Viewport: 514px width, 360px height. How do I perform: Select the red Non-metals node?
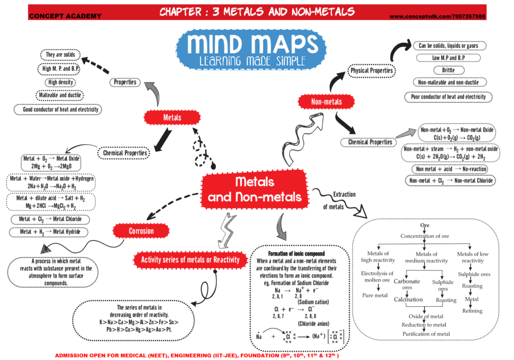pos(326,102)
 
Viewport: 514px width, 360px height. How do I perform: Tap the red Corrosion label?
pos(141,231)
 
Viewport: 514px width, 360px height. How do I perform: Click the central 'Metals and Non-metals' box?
pos(254,188)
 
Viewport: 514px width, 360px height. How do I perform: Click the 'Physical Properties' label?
pos(371,71)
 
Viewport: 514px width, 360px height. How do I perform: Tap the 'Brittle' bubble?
pos(448,70)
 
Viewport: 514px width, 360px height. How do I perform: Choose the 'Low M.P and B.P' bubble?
pos(448,58)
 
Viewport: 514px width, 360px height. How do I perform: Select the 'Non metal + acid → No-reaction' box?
pos(448,169)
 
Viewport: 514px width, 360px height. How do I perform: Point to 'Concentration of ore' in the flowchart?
pos(425,236)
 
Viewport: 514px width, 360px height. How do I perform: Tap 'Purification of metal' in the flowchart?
pos(425,334)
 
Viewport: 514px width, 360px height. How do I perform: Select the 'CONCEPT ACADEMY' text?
pos(65,16)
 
